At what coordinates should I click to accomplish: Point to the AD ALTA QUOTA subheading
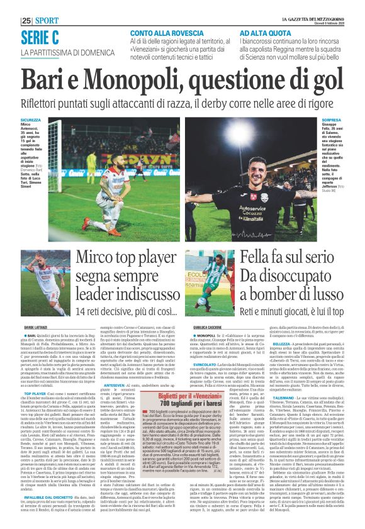tap(263, 33)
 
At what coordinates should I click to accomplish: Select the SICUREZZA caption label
tap(30, 120)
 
